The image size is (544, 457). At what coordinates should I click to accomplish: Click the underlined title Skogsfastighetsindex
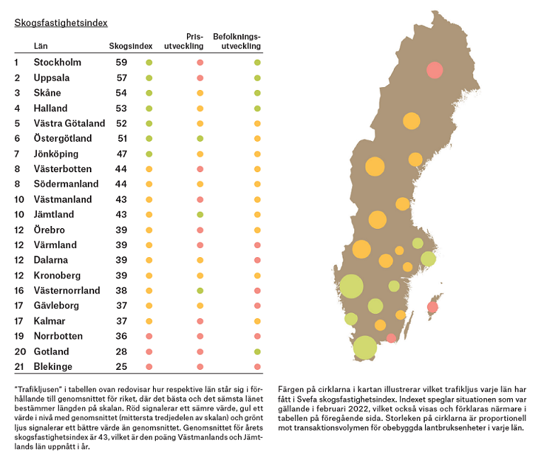pyautogui.click(x=61, y=23)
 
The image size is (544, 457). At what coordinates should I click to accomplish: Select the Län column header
pyautogui.click(x=40, y=46)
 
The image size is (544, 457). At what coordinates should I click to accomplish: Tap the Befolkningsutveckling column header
pyautogui.click(x=242, y=41)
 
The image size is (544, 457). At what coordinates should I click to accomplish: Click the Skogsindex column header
pyautogui.click(x=130, y=46)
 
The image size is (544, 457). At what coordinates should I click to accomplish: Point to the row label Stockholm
pyautogui.click(x=57, y=62)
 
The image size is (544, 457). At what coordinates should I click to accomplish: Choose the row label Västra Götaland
pyautogui.click(x=69, y=123)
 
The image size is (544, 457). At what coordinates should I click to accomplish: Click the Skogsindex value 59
pyautogui.click(x=121, y=62)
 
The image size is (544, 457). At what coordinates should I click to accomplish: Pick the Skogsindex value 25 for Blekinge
pyautogui.click(x=121, y=366)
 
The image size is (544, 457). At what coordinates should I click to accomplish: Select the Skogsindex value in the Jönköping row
pyautogui.click(x=121, y=154)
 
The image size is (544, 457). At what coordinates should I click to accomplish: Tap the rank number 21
pyautogui.click(x=19, y=366)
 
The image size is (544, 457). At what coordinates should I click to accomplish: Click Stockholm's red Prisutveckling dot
pyautogui.click(x=200, y=63)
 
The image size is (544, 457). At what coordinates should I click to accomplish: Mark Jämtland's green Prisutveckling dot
pyautogui.click(x=200, y=215)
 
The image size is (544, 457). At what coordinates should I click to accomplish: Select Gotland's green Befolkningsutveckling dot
pyautogui.click(x=257, y=351)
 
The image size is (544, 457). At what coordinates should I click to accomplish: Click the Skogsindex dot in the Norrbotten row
pyautogui.click(x=149, y=337)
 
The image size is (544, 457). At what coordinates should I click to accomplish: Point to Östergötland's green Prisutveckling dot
pyautogui.click(x=200, y=139)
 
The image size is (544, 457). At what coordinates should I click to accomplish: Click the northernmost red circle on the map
pyautogui.click(x=435, y=70)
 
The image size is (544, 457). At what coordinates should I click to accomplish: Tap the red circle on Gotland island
pyautogui.click(x=432, y=307)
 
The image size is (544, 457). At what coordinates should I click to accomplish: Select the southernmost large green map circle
pyautogui.click(x=365, y=348)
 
